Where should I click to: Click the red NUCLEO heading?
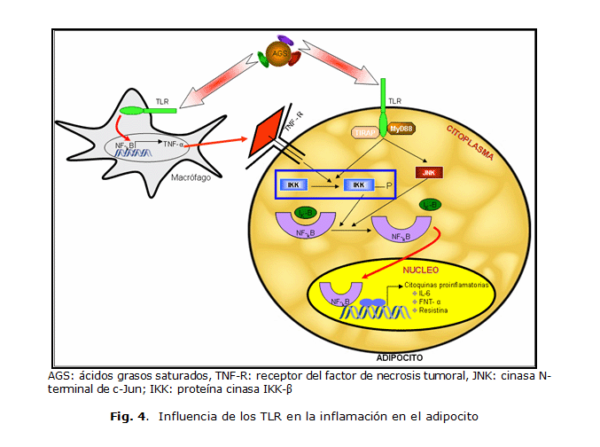420,268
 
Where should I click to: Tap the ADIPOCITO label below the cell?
400,359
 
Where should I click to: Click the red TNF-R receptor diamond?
268,135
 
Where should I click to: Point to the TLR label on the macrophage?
162,101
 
